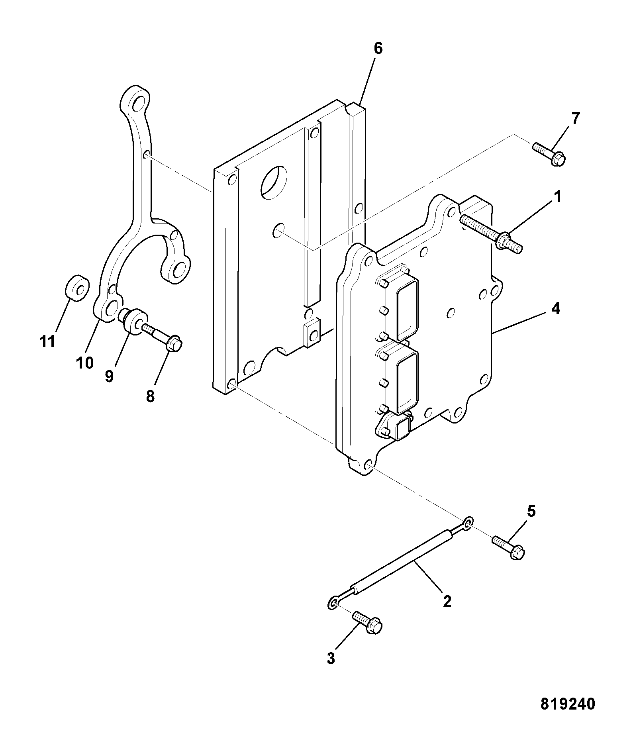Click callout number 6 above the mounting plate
coord(378,49)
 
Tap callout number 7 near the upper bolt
coord(576,118)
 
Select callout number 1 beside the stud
coord(558,196)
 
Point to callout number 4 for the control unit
coord(555,308)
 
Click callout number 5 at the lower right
coord(531,511)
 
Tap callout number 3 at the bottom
coord(331,658)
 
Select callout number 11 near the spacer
coord(47,341)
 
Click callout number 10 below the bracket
coord(85,363)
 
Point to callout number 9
coord(109,376)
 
